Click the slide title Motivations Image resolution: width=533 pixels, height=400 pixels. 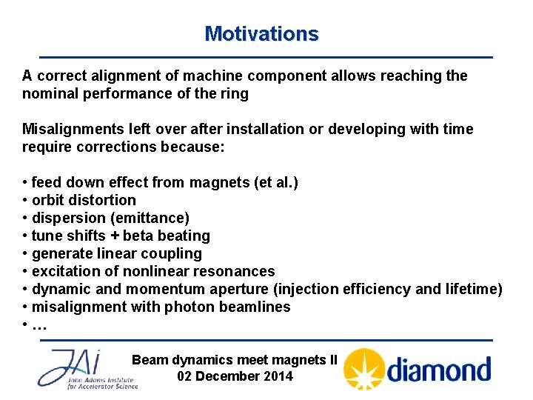coord(261,34)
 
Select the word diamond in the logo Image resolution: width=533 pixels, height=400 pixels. coord(439,369)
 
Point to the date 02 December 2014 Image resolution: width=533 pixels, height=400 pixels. coord(235,376)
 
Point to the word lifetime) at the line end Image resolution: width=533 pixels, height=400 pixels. coord(475,289)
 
